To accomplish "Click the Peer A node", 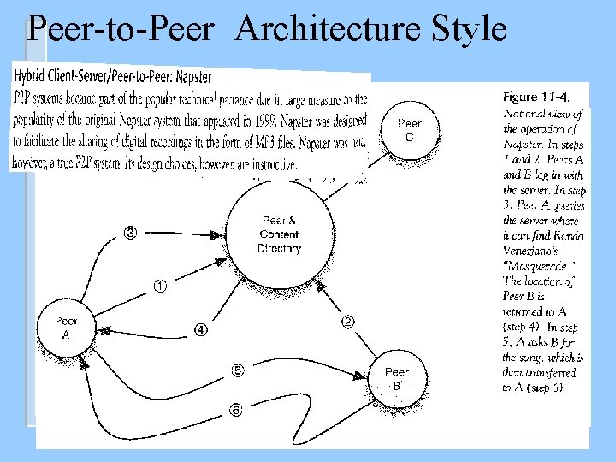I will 66,329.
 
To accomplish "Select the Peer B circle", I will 397,378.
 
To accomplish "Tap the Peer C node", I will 409,131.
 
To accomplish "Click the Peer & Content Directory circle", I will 279,234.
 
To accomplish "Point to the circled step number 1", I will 160,286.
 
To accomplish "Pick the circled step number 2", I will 348,322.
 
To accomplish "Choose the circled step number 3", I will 131,233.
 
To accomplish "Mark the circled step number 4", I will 200,329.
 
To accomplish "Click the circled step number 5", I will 238,370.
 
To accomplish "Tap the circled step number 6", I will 235,410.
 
